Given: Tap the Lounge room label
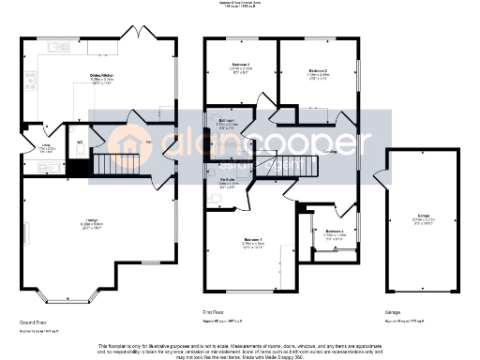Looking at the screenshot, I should point(90,221).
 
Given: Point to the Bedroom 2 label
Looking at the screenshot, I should point(318,70).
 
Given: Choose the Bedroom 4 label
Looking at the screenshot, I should point(335,231).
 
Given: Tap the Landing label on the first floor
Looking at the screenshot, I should point(330,151).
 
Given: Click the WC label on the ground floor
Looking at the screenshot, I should point(80,143).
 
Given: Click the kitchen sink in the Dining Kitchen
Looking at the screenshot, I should point(67,44).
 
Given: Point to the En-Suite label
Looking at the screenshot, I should point(228,180).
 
